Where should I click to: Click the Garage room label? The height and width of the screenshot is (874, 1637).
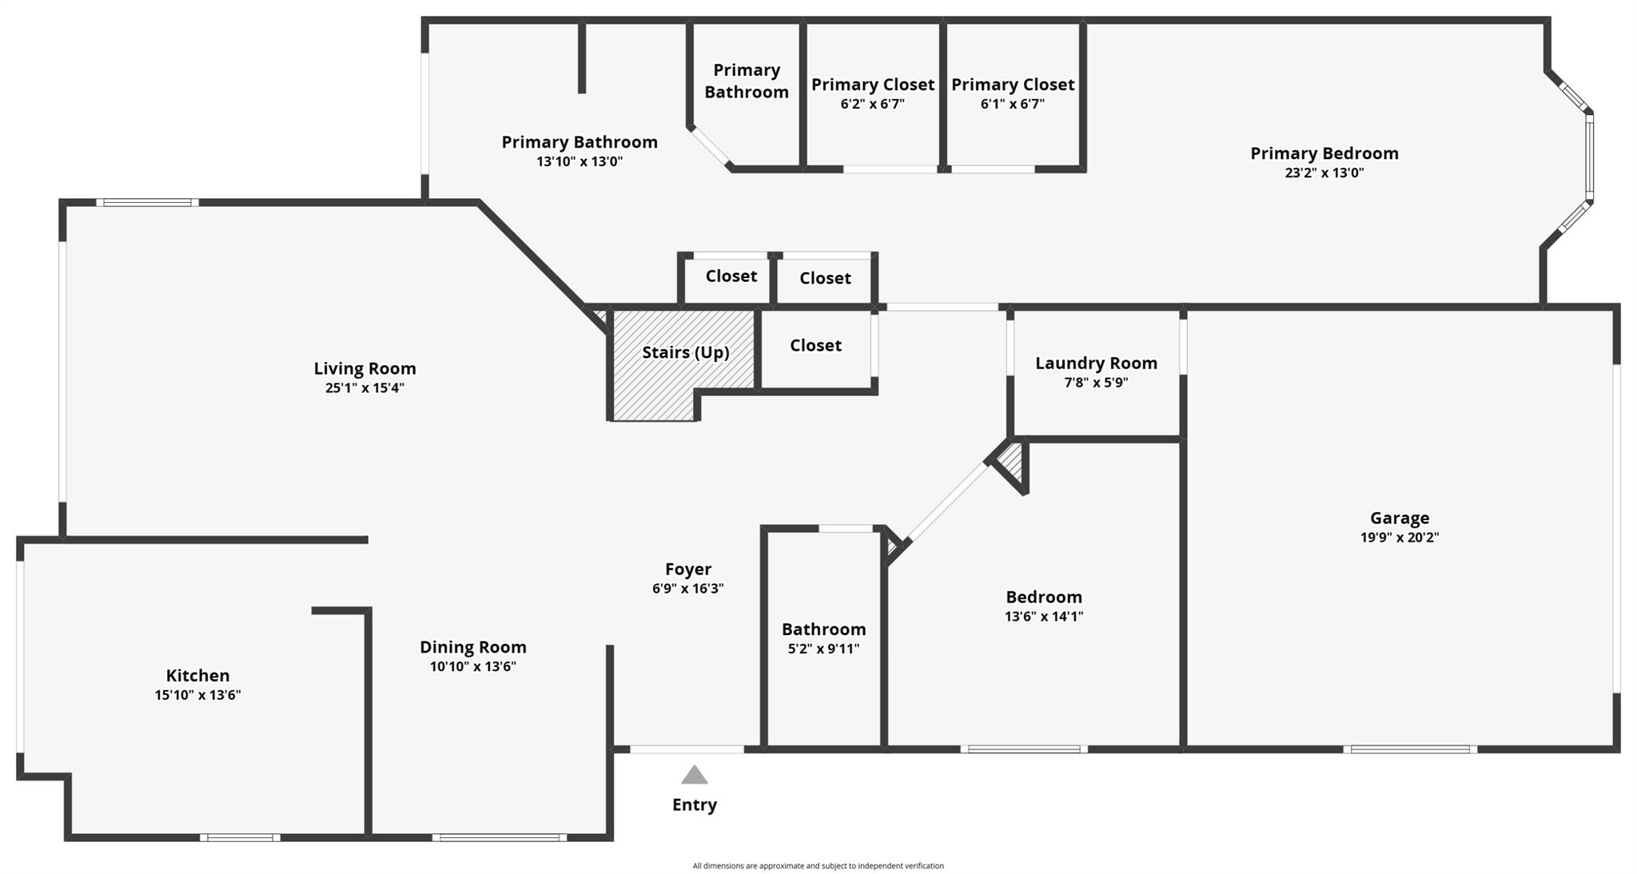click(x=1399, y=518)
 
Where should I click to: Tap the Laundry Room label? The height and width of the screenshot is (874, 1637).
click(x=1096, y=364)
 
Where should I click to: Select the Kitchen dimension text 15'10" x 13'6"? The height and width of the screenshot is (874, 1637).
click(x=197, y=695)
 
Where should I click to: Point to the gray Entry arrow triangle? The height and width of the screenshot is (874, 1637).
click(x=695, y=775)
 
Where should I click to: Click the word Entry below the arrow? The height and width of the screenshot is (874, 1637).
click(x=695, y=804)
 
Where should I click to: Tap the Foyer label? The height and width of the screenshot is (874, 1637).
click(x=688, y=569)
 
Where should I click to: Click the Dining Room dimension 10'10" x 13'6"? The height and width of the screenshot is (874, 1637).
click(x=473, y=666)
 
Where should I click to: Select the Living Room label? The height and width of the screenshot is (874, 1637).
click(x=364, y=368)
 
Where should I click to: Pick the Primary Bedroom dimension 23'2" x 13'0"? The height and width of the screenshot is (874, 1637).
click(x=1324, y=173)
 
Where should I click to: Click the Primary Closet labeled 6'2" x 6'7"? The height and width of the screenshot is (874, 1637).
click(x=873, y=93)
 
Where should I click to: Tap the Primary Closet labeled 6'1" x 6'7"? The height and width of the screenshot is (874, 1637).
click(x=1013, y=93)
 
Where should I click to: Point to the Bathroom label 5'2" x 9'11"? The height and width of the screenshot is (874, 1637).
click(x=823, y=638)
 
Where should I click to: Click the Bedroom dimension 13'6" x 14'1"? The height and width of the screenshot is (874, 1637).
click(x=1044, y=616)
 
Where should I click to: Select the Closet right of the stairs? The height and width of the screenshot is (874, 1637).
click(x=815, y=345)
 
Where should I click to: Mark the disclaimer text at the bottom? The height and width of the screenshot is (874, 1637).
click(x=818, y=865)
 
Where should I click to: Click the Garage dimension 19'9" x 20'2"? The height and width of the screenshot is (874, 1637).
click(x=1399, y=538)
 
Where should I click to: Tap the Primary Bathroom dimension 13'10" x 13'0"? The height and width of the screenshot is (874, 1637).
click(x=580, y=161)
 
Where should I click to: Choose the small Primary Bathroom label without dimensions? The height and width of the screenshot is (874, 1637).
click(x=747, y=81)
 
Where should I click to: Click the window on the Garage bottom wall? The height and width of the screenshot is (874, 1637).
click(x=1410, y=749)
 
